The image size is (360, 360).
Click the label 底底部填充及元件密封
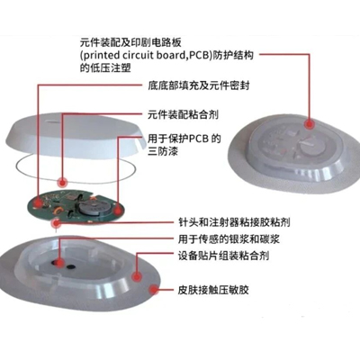point(199,85)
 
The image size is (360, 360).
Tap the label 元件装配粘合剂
point(183,114)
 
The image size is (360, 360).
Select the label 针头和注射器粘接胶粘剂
point(234,222)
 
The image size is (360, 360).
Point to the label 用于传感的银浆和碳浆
point(229,239)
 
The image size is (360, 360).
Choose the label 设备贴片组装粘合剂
point(223,256)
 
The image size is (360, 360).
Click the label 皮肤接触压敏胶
point(213,290)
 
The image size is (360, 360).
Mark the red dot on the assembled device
point(309,123)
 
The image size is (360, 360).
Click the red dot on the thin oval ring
point(62,182)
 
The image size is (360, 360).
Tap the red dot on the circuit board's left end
point(38,203)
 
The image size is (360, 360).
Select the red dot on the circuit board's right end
point(118,211)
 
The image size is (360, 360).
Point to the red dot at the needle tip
point(56,223)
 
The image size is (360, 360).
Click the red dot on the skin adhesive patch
point(154,290)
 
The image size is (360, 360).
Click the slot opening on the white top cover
point(52,122)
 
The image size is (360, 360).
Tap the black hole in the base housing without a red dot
point(71,266)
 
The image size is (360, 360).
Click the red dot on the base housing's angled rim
point(137,276)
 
